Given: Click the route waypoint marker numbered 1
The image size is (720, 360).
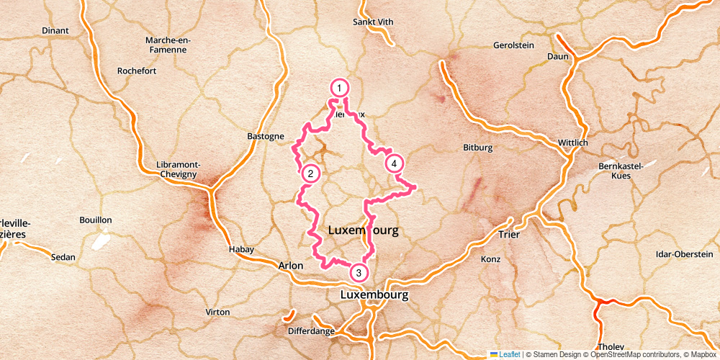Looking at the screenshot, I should tap(338, 87).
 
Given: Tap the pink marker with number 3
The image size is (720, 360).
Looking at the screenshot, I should tap(359, 273).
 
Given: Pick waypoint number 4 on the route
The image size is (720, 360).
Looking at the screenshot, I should tap(393, 163).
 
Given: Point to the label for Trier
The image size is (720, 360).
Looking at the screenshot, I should tap(508, 235).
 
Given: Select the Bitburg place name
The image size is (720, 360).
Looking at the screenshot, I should tap(477, 148).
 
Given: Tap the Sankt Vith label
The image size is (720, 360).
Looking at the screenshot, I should tap(373, 22).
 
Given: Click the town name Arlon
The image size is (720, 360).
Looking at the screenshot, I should tap(290, 266).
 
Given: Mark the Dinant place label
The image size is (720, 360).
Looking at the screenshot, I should tap(55, 30).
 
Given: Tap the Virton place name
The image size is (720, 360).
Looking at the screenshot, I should tap(217, 312).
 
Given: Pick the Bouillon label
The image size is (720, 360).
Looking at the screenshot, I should tap(96, 220).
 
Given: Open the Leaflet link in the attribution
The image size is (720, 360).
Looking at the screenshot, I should tap(509, 354).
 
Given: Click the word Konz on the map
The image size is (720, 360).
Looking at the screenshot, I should tap(490, 258).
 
